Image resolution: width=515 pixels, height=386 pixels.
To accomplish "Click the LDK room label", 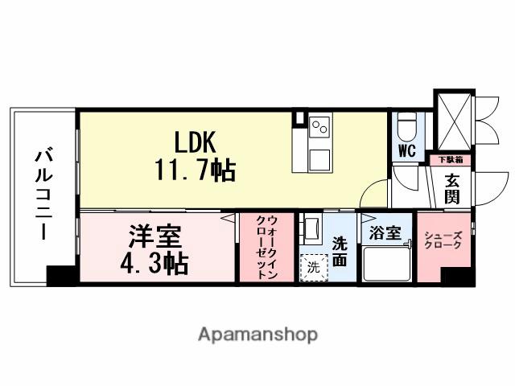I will click(x=192, y=142).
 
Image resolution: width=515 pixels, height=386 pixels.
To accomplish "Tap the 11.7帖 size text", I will click(x=194, y=170).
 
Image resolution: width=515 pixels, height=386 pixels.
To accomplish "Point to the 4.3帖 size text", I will click(x=155, y=262).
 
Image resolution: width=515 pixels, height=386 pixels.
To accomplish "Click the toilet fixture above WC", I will click(x=406, y=127).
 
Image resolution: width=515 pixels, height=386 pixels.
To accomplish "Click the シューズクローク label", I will click(x=442, y=240).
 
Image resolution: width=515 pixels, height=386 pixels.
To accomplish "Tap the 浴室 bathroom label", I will click(x=385, y=234).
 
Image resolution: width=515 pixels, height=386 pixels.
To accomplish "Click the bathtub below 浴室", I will click(x=385, y=263).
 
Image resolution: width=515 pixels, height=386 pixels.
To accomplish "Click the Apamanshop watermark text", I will click(x=257, y=334).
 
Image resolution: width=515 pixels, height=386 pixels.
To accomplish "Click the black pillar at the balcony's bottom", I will click(x=60, y=276).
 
